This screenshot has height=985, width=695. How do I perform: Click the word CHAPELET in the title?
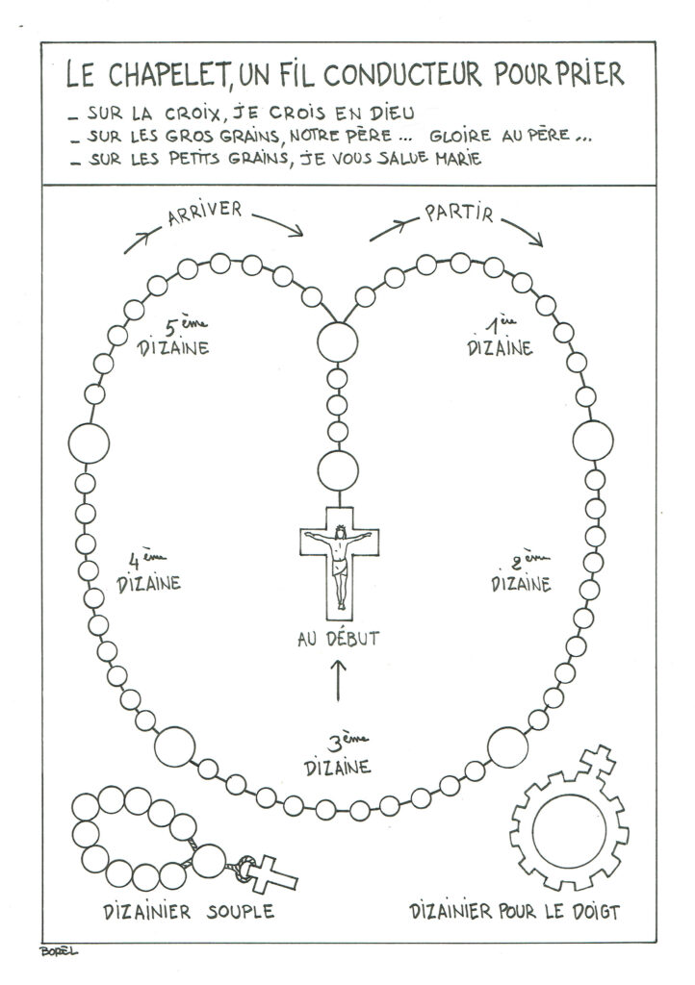pyautogui.click(x=167, y=74)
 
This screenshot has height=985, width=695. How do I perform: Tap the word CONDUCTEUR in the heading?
pyautogui.click(x=403, y=74)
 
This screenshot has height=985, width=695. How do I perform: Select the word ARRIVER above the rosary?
pyautogui.click(x=205, y=213)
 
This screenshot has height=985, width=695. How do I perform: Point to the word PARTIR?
pyautogui.click(x=459, y=213)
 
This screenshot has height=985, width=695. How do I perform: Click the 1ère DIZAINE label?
pyautogui.click(x=501, y=338)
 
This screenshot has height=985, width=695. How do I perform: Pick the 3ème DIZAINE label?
pyautogui.click(x=338, y=756)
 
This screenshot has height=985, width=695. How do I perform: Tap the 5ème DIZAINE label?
pyautogui.click(x=173, y=338)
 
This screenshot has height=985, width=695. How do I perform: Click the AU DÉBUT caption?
pyautogui.click(x=339, y=639)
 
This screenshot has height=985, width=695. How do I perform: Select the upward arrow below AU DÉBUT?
pyautogui.click(x=338, y=680)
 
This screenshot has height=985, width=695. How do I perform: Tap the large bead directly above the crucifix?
pyautogui.click(x=338, y=471)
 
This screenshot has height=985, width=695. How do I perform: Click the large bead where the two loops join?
pyautogui.click(x=338, y=342)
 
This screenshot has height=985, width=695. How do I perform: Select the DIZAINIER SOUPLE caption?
pyautogui.click(x=189, y=912)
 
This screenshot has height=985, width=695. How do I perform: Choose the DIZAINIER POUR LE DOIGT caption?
pyautogui.click(x=515, y=911)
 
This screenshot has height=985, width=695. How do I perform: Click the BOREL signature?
pyautogui.click(x=59, y=951)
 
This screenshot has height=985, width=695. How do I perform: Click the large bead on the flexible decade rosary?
pyautogui.click(x=209, y=861)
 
